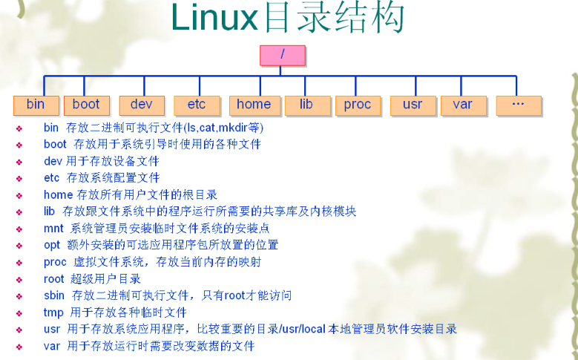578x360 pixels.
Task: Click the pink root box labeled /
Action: point(283,56)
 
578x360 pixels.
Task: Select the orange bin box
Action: point(36,105)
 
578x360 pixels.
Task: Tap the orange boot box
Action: point(87,105)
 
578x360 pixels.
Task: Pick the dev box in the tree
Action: point(142,105)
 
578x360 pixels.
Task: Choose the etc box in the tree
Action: point(197,105)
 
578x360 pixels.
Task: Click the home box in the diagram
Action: point(254,105)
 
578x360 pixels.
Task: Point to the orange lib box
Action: point(307,105)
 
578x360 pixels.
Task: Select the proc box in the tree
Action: point(358,105)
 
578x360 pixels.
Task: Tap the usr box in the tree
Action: point(413,105)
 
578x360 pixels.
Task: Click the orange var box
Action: point(464,105)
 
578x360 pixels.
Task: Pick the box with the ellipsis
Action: point(519,105)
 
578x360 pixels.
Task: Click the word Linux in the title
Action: point(214,18)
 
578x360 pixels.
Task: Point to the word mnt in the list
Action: point(54,229)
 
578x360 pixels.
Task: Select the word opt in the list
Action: point(52,245)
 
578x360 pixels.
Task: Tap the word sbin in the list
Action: point(54,295)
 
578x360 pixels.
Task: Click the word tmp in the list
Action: point(54,312)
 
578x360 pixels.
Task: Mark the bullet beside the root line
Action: point(19,280)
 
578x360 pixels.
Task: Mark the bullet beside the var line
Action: point(19,347)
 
